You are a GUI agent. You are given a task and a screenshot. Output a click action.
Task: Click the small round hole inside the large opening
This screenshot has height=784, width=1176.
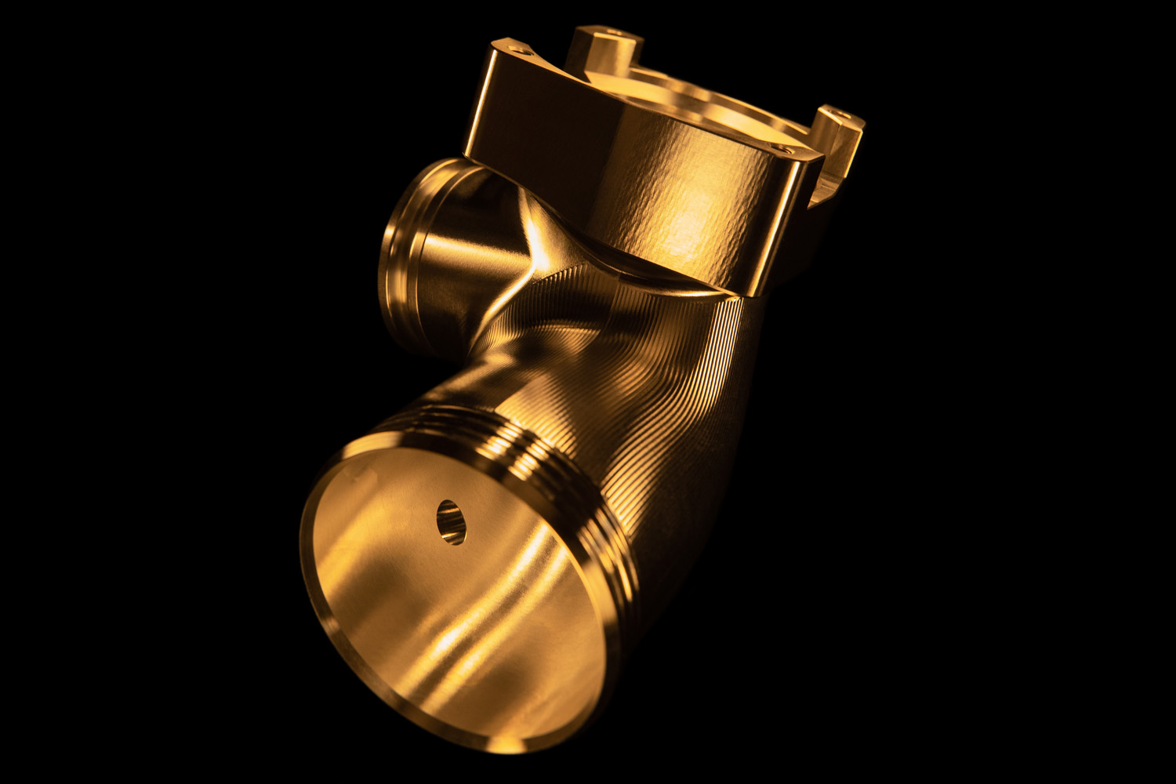click(451, 522)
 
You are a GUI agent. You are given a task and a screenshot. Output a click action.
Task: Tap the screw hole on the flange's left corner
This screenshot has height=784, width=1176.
click(520, 49)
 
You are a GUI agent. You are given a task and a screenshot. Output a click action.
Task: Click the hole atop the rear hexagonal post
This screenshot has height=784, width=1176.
click(614, 34)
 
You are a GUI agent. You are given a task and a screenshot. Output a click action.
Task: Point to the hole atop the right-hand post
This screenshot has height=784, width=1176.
click(842, 114)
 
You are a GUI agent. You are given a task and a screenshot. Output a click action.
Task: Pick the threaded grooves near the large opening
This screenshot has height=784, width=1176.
click(541, 463)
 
